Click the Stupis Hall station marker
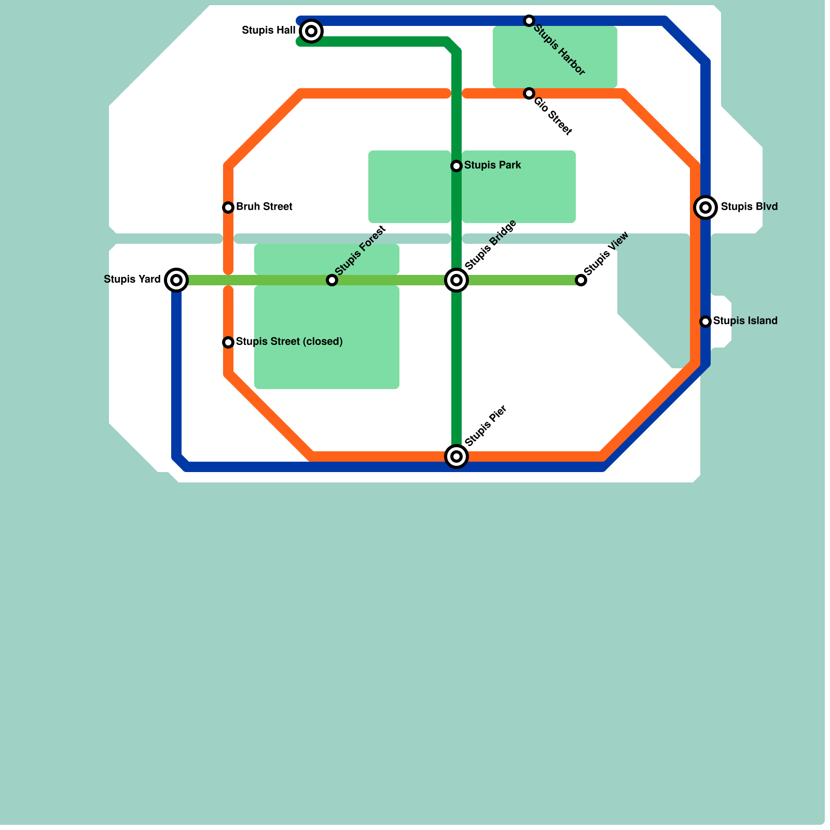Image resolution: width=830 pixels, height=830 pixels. (x=311, y=31)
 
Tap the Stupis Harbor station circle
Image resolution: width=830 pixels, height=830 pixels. (x=529, y=21)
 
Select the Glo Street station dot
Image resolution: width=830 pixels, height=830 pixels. (x=529, y=93)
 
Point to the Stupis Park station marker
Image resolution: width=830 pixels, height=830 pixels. (x=457, y=166)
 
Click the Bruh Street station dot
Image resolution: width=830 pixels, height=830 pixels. (x=228, y=208)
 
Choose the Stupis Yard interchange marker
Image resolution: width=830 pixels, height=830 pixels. (x=176, y=280)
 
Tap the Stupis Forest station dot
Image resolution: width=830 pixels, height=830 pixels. (x=332, y=280)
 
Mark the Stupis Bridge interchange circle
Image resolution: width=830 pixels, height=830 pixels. (x=457, y=280)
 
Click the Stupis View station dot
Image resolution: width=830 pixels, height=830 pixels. (x=581, y=280)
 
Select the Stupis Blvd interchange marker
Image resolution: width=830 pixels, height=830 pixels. (x=706, y=208)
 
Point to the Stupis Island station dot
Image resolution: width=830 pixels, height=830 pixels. (x=706, y=322)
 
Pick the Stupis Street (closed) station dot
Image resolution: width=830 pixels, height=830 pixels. (x=228, y=342)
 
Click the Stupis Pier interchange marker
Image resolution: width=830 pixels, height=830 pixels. (x=457, y=457)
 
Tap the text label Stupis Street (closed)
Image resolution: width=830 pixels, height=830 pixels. (x=289, y=342)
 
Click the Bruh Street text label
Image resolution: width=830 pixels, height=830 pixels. (x=264, y=207)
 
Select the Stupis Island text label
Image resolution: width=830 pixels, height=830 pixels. (x=745, y=321)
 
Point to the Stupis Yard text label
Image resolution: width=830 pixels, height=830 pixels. (x=132, y=280)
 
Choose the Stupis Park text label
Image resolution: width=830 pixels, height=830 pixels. (x=492, y=165)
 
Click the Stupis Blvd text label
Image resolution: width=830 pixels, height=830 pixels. (x=749, y=207)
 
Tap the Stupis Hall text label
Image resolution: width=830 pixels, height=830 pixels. (x=269, y=31)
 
